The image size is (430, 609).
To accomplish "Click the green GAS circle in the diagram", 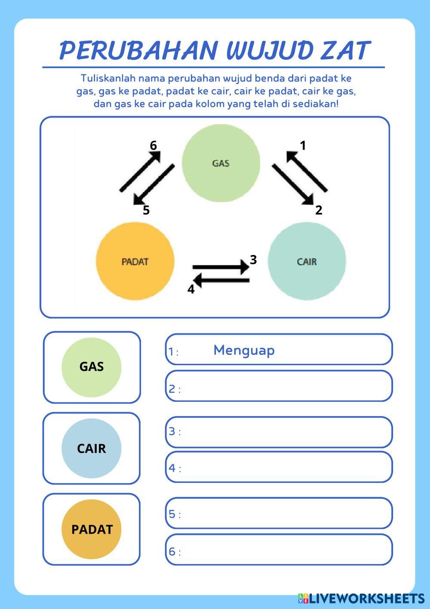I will click(221, 163).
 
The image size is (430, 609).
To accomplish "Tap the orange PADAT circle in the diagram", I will click(135, 261).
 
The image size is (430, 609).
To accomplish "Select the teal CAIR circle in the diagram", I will click(307, 261).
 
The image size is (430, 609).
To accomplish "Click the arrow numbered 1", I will click(307, 172).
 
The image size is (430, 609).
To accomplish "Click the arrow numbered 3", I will click(221, 267).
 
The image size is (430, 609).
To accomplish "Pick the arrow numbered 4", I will click(221, 281).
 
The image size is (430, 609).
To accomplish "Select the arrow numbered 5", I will click(154, 185).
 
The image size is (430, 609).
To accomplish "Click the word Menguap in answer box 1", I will click(244, 350).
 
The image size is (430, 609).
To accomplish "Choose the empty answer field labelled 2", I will click(284, 386).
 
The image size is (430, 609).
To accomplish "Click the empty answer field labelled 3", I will click(284, 432).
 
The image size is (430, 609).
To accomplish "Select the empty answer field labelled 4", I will click(284, 467).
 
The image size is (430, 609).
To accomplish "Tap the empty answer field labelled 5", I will click(284, 513).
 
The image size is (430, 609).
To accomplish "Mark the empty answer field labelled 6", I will click(284, 550).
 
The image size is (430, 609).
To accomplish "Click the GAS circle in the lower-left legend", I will click(92, 367).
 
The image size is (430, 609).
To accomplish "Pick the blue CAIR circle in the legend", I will click(92, 448).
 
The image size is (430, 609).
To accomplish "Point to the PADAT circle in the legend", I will click(92, 529).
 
